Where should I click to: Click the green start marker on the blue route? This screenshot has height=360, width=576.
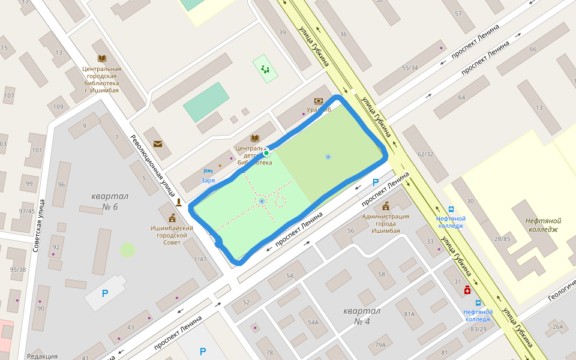266,153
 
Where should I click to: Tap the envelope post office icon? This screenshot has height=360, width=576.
158,144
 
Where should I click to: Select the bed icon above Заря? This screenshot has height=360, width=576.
208,171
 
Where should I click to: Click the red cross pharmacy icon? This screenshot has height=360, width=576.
467,290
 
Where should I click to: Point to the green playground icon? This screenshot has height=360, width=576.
265,69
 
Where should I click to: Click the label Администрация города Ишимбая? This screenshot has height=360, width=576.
385,223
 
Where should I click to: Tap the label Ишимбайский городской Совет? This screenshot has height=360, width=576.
172,231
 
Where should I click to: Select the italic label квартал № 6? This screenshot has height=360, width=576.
110,202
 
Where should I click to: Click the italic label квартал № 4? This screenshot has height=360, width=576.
362,316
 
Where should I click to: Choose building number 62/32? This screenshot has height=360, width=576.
425,154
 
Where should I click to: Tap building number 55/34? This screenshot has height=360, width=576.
410,68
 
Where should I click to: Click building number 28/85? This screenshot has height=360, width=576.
502,239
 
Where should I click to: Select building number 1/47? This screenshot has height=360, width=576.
200,259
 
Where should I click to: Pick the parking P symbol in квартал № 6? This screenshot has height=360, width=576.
105,293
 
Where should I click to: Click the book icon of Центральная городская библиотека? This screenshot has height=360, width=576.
102,58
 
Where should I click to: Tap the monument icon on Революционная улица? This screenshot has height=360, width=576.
179,202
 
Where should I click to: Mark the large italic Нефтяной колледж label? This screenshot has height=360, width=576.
541,224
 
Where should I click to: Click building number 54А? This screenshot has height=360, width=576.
313,323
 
